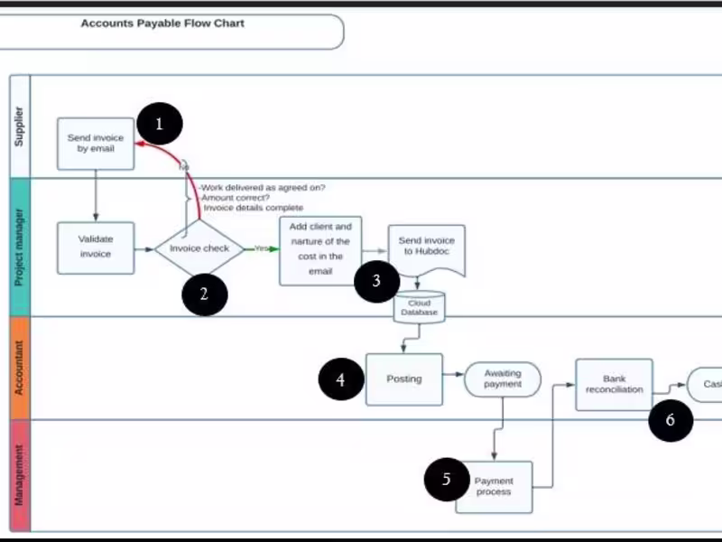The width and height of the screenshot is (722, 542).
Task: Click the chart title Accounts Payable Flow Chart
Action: point(162,23)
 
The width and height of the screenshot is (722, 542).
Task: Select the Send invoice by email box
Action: point(96,143)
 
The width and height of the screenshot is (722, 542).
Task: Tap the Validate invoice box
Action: point(96,248)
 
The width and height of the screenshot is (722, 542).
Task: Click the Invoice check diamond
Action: point(199,248)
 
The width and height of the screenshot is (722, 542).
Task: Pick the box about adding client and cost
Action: point(320,250)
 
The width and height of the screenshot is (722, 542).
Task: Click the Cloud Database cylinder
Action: point(420,308)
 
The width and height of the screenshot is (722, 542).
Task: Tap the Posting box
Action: point(404,378)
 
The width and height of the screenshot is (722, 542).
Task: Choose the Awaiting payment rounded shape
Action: point(503,379)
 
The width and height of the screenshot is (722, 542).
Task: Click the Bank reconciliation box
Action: point(614,384)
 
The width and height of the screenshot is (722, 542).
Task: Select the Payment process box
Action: point(494,487)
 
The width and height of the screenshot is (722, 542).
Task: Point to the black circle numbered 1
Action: point(160,125)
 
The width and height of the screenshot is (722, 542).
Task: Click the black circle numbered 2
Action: point(204,293)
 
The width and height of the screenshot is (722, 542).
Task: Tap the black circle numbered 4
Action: point(341,380)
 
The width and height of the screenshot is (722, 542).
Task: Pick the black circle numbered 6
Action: point(671,419)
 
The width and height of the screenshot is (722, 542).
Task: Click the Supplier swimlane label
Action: point(19,126)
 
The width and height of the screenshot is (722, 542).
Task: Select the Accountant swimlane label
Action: point(19,367)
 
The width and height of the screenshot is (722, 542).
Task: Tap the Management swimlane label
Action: point(19,474)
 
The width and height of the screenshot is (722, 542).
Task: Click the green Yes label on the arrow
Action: point(262,248)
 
